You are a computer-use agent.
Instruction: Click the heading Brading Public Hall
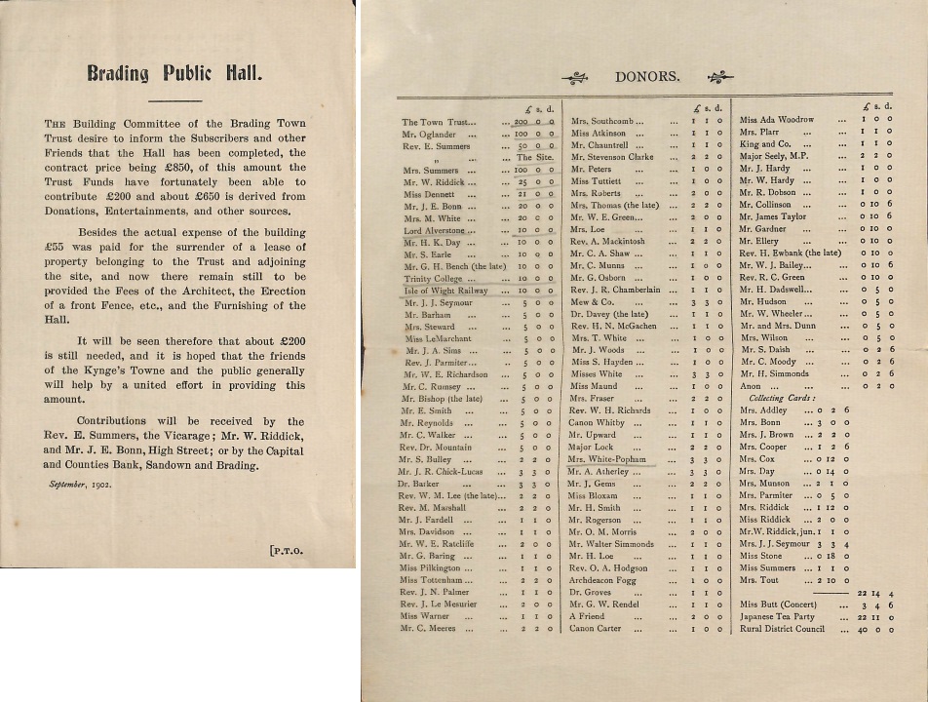tap(174, 72)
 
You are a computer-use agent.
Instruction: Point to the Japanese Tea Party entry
tap(777, 616)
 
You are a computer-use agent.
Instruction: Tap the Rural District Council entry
tap(783, 629)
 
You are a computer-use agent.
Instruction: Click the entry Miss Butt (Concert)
tap(778, 604)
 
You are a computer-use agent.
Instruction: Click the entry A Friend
tap(587, 616)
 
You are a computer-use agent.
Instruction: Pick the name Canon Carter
tap(595, 629)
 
